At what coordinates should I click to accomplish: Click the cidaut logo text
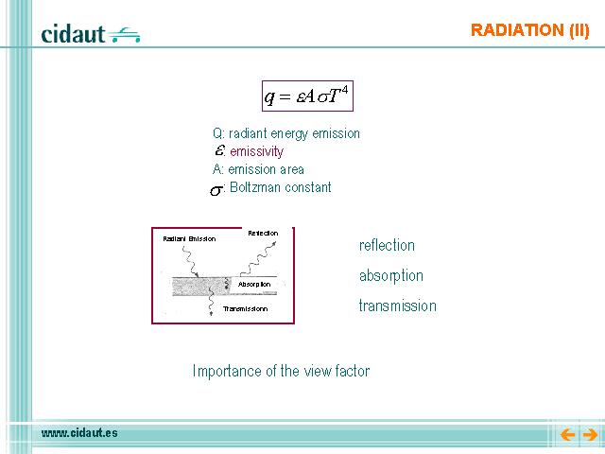click(73, 34)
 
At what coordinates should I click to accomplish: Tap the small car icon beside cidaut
click(124, 34)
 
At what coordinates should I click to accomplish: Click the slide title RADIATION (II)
click(529, 30)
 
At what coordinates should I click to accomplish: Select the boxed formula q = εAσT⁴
click(307, 96)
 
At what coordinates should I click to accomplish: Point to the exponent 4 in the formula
click(344, 90)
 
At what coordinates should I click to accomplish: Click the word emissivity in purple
click(256, 151)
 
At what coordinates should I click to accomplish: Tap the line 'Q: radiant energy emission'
click(286, 133)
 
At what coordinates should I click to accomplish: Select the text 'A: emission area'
click(258, 169)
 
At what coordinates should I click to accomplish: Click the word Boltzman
click(254, 187)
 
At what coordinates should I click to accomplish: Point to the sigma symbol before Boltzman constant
click(216, 190)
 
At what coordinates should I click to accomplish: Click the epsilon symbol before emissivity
click(219, 149)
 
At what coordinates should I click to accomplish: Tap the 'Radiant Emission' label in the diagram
click(189, 239)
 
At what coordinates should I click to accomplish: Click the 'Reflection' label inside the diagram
click(263, 234)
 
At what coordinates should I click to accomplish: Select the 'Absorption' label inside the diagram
click(254, 284)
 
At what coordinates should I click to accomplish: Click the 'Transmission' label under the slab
click(246, 309)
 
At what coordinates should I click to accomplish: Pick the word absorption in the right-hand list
click(391, 276)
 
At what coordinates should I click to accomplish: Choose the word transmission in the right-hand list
click(398, 306)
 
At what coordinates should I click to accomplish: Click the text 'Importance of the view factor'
click(281, 371)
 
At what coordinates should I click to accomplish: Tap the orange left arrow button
click(567, 435)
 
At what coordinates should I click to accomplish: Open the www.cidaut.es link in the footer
click(79, 433)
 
